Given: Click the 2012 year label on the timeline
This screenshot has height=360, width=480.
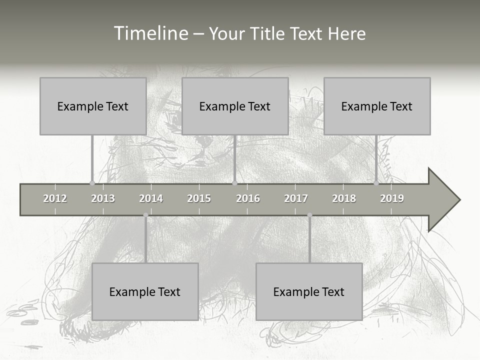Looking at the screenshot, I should coord(55,198).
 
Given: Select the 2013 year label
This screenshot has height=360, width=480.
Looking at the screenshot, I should coord(103,198).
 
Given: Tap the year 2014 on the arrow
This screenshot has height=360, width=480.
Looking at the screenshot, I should coord(151,198).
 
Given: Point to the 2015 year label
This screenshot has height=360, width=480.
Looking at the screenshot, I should coord(199,198).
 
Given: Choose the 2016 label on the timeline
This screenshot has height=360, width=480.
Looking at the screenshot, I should coord(248,198).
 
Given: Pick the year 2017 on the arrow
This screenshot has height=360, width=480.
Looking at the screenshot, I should coord(296,198).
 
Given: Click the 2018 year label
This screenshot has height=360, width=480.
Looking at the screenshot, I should coord(344,198).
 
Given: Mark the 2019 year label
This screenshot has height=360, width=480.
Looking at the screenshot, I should coord(392,198).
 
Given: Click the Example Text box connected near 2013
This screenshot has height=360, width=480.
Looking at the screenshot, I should coord(93,106).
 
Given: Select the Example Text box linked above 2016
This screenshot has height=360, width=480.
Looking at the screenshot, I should coord(235,106).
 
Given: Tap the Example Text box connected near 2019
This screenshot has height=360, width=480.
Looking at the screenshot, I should coord(377,106).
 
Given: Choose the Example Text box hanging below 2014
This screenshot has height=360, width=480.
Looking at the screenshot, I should coord(145,291).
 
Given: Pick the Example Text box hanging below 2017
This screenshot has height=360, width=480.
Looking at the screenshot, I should coord(309,291).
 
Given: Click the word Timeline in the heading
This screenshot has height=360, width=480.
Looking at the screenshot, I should coord(150,33).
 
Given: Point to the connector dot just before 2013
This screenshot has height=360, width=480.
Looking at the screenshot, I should coord(92,183).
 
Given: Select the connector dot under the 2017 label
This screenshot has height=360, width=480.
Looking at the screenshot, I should coord(309,215).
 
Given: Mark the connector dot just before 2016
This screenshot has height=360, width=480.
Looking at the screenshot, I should coord(234,183).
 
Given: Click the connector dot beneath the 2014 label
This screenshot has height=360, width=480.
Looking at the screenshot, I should coord(145,215).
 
